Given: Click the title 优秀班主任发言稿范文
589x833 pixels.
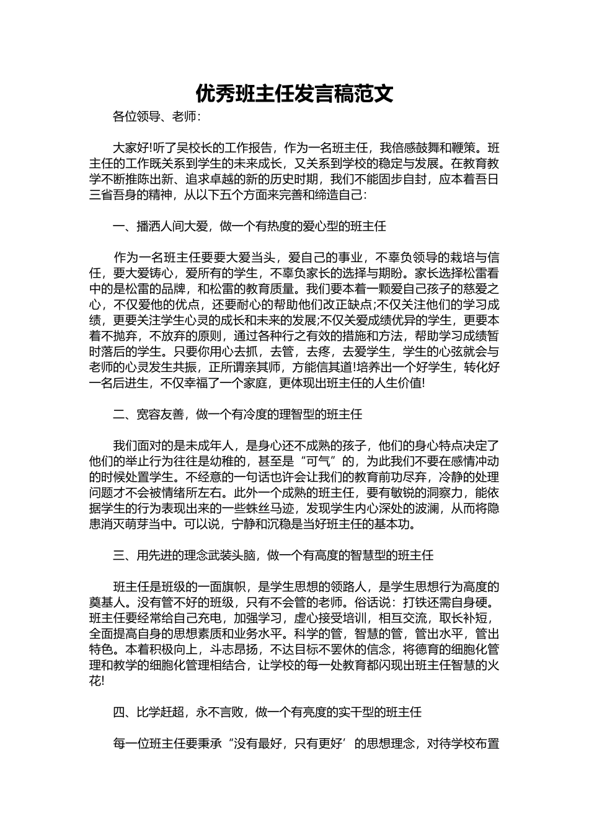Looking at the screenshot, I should pyautogui.click(x=294, y=94).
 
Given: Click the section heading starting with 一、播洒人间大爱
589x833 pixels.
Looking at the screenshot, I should pyautogui.click(x=249, y=226).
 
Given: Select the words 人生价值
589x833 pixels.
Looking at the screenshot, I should pyautogui.click(x=397, y=384).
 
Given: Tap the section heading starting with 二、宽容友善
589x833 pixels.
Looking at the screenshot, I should pyautogui.click(x=237, y=414).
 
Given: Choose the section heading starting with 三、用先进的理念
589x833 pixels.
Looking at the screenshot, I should pyautogui.click(x=273, y=555).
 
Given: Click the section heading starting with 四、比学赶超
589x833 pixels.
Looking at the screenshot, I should pyautogui.click(x=267, y=712).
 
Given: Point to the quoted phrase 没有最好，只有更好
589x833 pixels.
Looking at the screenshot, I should pyautogui.click(x=291, y=744).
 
